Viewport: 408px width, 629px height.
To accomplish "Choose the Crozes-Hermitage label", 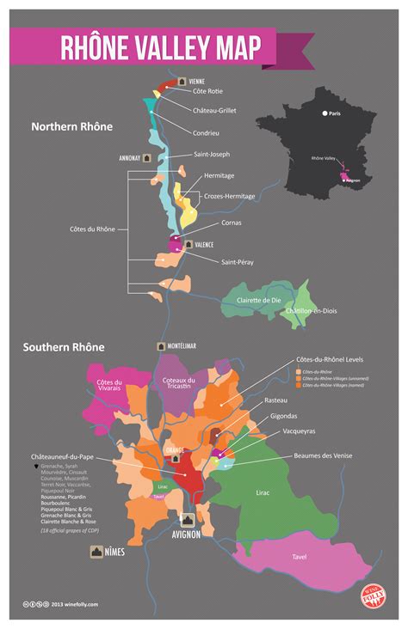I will pos(229,196).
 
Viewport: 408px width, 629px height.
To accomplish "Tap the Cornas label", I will pos(231,223).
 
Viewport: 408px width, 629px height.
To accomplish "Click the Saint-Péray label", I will pos(238,261).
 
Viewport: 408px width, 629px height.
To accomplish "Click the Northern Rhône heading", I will pos(71,126).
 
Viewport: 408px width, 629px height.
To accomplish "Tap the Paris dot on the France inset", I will pos(325,113).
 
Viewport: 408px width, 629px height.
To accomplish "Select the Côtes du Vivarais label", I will pos(109,387).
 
